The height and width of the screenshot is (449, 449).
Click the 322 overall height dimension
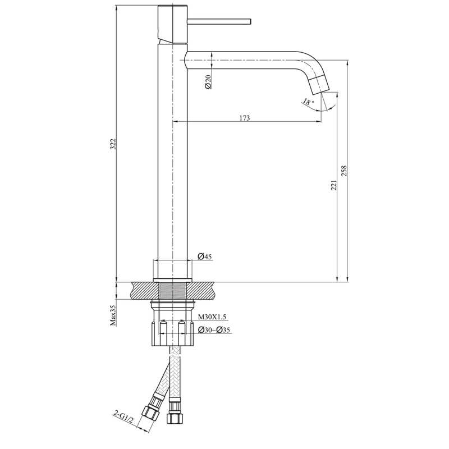click(113, 144)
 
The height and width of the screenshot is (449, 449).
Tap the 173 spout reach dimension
click(245, 118)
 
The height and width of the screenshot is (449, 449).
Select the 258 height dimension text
click(344, 171)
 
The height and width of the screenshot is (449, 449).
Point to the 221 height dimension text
click(334, 185)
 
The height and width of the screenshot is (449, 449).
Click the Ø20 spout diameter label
click(208, 81)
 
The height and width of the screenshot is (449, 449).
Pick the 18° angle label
click(308, 102)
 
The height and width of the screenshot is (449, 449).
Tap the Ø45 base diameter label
click(205, 256)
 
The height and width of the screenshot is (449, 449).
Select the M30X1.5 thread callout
click(212, 317)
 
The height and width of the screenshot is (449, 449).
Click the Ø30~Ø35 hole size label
click(214, 330)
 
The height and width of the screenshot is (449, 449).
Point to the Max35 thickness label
click(113, 315)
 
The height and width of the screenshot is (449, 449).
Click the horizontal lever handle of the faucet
click(219, 21)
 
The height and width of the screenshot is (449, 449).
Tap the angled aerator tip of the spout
click(319, 85)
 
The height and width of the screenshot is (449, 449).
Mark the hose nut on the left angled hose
click(150, 412)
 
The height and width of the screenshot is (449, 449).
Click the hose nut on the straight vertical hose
click(174, 418)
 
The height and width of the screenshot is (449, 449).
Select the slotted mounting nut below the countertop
click(173, 333)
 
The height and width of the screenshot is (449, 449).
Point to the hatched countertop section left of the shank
click(145, 291)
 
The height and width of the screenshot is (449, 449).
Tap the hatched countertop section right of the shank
click(201, 291)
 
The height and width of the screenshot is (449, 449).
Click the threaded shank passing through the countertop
click(173, 291)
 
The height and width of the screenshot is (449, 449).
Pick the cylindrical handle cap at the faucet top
click(173, 24)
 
